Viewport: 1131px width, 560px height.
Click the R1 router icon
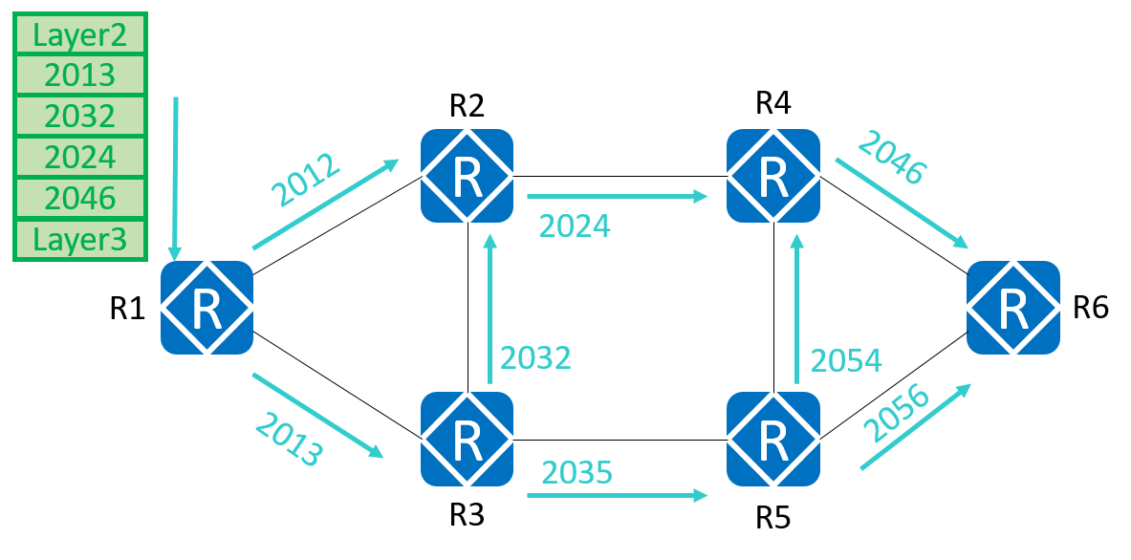click(207, 307)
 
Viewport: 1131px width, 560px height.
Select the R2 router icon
click(468, 176)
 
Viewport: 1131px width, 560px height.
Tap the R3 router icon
click(468, 439)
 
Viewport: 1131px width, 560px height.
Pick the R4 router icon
click(772, 176)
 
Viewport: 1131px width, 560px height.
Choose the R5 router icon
click(772, 439)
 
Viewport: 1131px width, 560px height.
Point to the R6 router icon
click(1013, 307)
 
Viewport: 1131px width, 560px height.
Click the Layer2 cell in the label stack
click(79, 34)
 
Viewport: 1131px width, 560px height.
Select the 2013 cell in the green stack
click(79, 75)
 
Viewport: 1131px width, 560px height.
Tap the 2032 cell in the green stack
click(79, 117)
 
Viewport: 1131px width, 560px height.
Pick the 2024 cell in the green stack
click(79, 158)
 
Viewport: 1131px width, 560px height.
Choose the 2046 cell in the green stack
click(79, 199)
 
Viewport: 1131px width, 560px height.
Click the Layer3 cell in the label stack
click(79, 240)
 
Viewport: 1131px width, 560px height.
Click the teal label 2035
click(576, 472)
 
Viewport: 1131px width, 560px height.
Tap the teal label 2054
click(846, 360)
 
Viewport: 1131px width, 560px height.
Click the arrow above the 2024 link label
click(617, 197)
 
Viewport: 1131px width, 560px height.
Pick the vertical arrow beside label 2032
click(491, 311)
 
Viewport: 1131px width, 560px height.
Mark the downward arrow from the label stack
click(175, 177)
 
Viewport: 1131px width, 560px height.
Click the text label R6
click(1090, 307)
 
